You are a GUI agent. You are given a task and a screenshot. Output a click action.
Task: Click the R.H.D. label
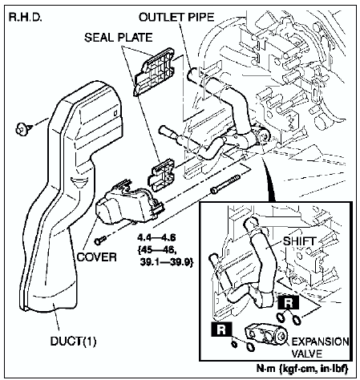(x=26, y=18)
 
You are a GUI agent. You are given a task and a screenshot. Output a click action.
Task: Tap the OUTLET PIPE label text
(x=176, y=17)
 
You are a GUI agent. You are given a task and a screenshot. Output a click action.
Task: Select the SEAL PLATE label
(x=119, y=38)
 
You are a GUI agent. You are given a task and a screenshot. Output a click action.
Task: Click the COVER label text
(x=97, y=257)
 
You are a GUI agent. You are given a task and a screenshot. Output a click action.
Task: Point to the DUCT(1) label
(x=73, y=342)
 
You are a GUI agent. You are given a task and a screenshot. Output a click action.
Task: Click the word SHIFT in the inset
(x=300, y=241)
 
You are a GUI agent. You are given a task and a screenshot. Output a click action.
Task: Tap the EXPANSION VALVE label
(x=320, y=348)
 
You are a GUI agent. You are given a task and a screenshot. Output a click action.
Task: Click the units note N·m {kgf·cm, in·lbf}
(x=302, y=369)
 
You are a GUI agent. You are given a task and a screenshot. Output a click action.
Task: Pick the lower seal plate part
(x=162, y=175)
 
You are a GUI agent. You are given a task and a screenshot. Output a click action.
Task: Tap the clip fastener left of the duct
(x=24, y=128)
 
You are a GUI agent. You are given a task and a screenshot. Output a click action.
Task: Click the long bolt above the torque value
(x=225, y=184)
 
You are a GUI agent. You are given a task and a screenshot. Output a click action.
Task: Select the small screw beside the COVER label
(x=100, y=241)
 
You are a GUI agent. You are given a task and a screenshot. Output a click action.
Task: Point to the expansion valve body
(x=266, y=335)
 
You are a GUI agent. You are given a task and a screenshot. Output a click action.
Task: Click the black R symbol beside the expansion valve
(x=221, y=329)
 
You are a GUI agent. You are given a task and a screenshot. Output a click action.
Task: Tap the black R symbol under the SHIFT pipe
(x=288, y=303)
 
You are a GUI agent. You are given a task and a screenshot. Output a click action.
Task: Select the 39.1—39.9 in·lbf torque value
(x=166, y=263)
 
